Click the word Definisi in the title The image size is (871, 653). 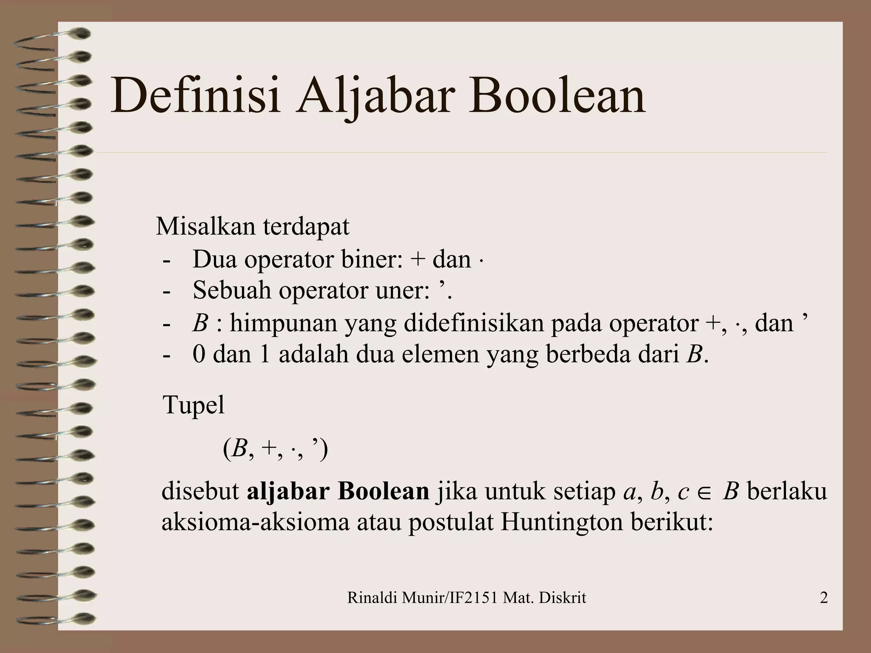tap(196, 96)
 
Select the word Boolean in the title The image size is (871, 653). tap(557, 96)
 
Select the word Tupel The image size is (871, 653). tap(194, 405)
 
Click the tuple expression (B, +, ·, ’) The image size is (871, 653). tap(275, 449)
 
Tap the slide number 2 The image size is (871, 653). tap(823, 598)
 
